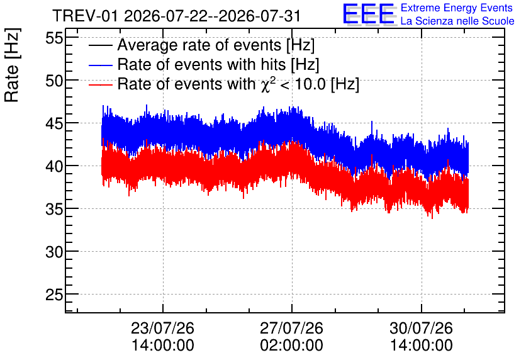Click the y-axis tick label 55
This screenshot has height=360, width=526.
pyautogui.click(x=54, y=38)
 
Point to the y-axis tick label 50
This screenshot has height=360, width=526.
pyautogui.click(x=54, y=81)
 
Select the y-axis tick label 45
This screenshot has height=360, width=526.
pyautogui.click(x=54, y=124)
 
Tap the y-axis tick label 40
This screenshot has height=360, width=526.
pyautogui.click(x=54, y=166)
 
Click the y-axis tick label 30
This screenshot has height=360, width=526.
pyautogui.click(x=54, y=252)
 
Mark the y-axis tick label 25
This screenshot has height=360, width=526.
pyautogui.click(x=54, y=295)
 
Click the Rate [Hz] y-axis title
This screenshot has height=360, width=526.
pyautogui.click(x=12, y=65)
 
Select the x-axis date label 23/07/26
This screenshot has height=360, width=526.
pyautogui.click(x=163, y=328)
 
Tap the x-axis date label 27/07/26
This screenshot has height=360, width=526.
pyautogui.click(x=291, y=328)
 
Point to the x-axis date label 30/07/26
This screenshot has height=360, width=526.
pyautogui.click(x=422, y=328)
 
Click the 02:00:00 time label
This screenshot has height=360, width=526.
pyautogui.click(x=291, y=346)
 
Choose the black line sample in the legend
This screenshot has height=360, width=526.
pyautogui.click(x=100, y=45)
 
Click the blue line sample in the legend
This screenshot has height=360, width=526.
pyautogui.click(x=100, y=65)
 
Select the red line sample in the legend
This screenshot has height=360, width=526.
pyautogui.click(x=100, y=84)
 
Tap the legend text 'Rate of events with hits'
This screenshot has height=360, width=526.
pyautogui.click(x=201, y=64)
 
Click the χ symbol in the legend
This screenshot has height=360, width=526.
pyautogui.click(x=264, y=86)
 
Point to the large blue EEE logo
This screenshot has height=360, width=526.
pyautogui.click(x=369, y=14)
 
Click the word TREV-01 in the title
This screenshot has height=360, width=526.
pyautogui.click(x=85, y=16)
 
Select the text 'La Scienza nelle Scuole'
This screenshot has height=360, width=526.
pyautogui.click(x=457, y=21)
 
